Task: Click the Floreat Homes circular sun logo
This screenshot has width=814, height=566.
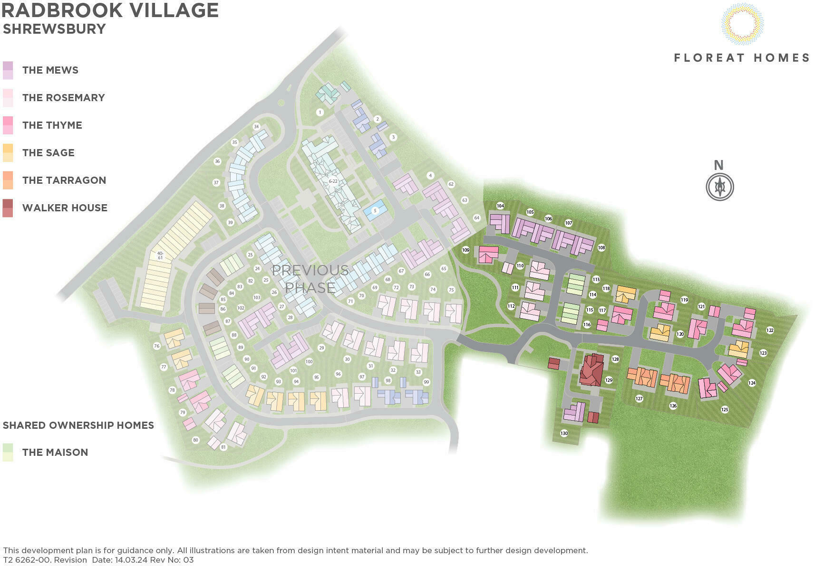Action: click(x=742, y=23)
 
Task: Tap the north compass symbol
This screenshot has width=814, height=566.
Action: click(x=719, y=186)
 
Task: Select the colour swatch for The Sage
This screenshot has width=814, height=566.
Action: click(x=8, y=153)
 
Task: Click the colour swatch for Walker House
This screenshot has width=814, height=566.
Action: click(x=8, y=208)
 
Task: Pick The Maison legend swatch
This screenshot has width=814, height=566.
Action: click(x=8, y=452)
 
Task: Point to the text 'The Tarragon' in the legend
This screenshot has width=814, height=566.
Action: click(x=64, y=180)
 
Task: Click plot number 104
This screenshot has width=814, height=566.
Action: click(x=500, y=206)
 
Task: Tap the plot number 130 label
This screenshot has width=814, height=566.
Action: click(x=564, y=433)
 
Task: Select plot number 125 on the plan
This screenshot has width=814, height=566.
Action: click(x=725, y=409)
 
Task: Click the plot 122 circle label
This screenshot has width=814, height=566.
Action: click(x=770, y=330)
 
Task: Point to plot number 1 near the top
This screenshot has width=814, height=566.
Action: click(x=320, y=113)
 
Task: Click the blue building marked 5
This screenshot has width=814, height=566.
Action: click(x=375, y=210)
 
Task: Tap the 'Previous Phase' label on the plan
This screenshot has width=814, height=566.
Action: click(x=310, y=279)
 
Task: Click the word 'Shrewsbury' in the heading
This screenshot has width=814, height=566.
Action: click(x=54, y=29)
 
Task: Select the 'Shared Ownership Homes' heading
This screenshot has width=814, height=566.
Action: click(x=78, y=425)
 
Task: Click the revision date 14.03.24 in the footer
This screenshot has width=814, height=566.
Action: click(x=131, y=560)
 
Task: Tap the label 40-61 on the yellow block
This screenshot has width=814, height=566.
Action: click(x=160, y=255)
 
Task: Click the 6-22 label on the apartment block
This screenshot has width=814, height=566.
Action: click(x=333, y=181)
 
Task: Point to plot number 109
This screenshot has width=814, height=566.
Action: click(x=465, y=250)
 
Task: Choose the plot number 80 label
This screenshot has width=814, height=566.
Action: click(x=195, y=440)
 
